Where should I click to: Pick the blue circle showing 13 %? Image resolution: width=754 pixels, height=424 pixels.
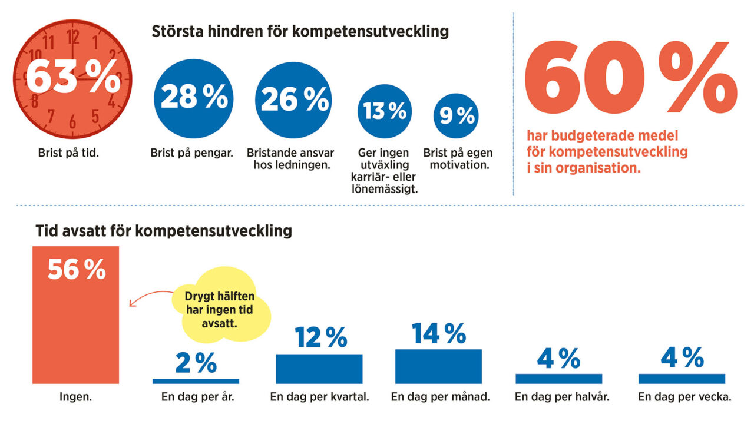(385, 111)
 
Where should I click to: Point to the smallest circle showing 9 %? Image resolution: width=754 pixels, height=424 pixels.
(456, 116)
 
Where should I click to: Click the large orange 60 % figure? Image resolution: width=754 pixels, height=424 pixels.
(630, 78)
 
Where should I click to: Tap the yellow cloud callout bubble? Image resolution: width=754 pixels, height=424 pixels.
(220, 306)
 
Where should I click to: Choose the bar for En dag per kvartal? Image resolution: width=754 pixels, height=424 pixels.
(319, 369)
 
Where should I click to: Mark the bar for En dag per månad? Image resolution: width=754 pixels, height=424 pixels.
(438, 366)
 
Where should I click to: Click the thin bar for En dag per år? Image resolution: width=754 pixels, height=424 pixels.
(196, 381)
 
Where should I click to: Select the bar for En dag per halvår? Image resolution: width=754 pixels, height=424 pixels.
(558, 379)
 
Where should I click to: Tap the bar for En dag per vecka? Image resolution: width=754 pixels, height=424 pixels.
(682, 379)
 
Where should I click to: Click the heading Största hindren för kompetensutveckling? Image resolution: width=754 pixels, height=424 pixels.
(300, 31)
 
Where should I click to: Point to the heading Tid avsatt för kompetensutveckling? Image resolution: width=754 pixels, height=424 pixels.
(164, 230)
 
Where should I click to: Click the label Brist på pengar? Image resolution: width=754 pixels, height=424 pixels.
(192, 153)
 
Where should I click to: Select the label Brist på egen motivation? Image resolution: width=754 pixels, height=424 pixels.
(458, 159)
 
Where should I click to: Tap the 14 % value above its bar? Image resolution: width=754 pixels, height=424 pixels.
(438, 333)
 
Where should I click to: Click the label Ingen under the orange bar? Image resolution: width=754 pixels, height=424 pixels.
(75, 397)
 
